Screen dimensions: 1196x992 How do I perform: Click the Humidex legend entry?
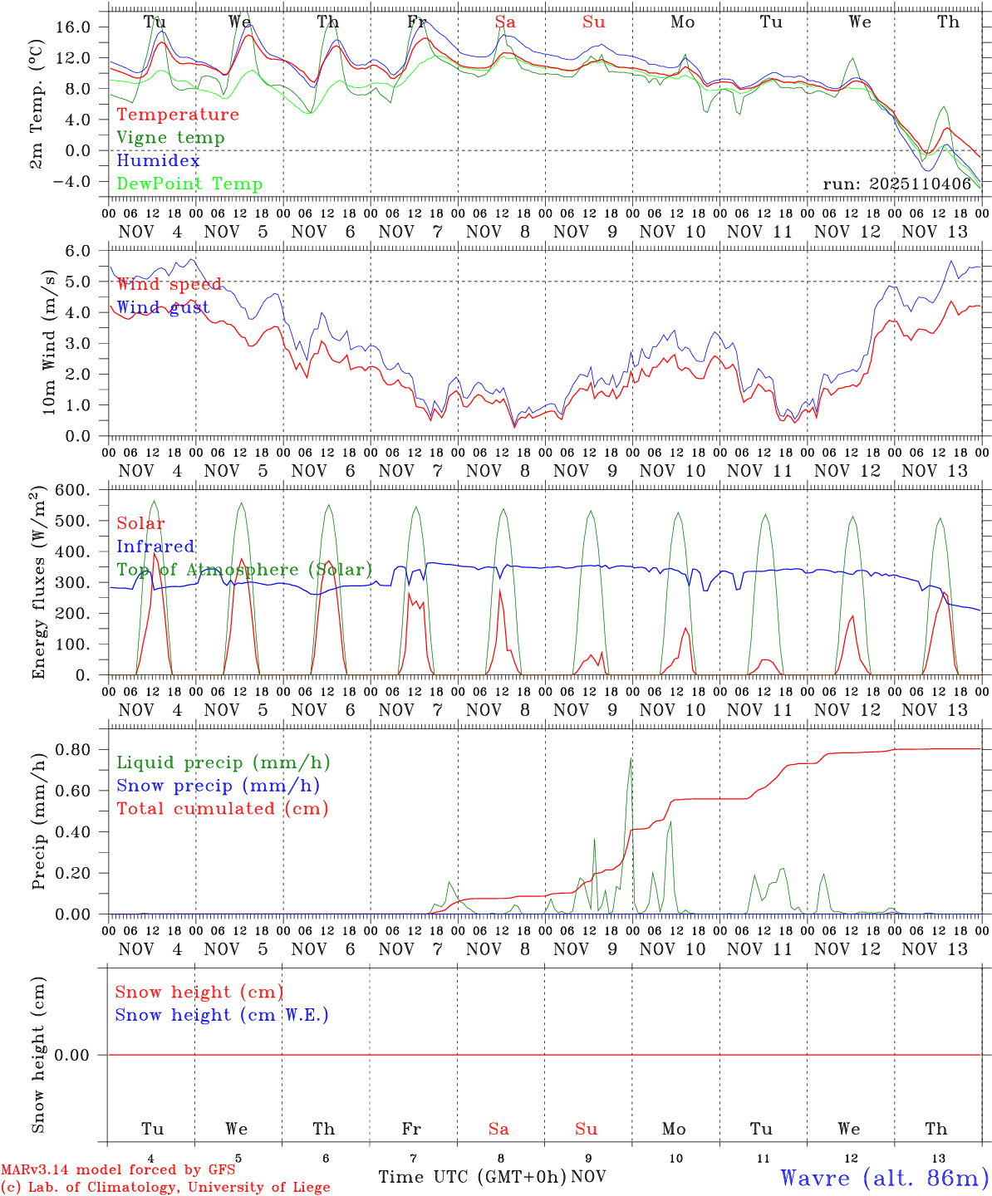pos(158,161)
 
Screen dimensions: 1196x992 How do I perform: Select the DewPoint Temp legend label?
pos(189,184)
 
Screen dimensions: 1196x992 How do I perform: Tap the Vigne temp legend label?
pos(170,138)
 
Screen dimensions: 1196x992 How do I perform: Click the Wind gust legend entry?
pos(163,307)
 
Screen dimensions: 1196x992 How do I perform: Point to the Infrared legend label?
pos(155,547)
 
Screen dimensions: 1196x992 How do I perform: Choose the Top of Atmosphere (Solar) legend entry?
pos(244,570)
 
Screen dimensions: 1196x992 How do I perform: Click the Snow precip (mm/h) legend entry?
pos(218,786)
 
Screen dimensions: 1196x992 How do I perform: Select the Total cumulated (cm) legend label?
pos(222,809)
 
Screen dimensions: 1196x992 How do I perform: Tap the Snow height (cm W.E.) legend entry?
pos(222,1015)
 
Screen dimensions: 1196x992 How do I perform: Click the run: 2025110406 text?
pos(896,184)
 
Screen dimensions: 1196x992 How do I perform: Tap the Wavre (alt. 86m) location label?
pos(885,1178)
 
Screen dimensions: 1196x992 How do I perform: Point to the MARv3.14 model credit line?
pos(118,1169)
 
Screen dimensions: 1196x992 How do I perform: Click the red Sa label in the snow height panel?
pos(498,1129)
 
